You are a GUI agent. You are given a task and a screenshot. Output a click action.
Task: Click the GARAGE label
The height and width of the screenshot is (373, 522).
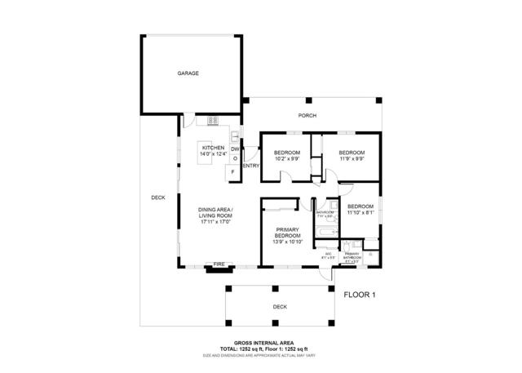[x=188, y=73]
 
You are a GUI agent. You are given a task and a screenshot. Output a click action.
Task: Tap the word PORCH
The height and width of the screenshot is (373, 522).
[x=307, y=116]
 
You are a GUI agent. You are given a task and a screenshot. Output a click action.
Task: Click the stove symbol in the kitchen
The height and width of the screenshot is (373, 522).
[x=213, y=121]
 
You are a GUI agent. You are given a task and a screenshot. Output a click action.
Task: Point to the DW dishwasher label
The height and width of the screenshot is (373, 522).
[x=235, y=149]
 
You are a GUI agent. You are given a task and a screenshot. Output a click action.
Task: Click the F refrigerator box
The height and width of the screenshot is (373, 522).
[x=233, y=172]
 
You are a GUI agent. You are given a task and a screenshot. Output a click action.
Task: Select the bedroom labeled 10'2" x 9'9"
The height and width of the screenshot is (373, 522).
[x=286, y=156]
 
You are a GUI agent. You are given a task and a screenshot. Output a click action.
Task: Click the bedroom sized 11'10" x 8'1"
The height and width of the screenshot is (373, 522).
[x=360, y=210]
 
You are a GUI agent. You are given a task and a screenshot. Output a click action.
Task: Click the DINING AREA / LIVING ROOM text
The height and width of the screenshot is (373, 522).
[x=215, y=215]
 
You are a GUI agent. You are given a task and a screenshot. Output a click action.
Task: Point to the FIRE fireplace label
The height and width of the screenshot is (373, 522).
[x=219, y=264]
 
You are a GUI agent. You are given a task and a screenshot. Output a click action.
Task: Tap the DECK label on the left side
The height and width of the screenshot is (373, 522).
[x=158, y=198]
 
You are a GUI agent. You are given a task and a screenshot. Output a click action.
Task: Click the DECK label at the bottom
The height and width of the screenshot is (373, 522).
[x=280, y=307]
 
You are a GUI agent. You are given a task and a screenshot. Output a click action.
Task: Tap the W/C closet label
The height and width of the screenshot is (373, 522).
[x=328, y=255]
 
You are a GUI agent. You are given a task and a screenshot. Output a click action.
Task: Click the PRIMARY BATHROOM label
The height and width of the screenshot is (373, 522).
[x=352, y=255]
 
